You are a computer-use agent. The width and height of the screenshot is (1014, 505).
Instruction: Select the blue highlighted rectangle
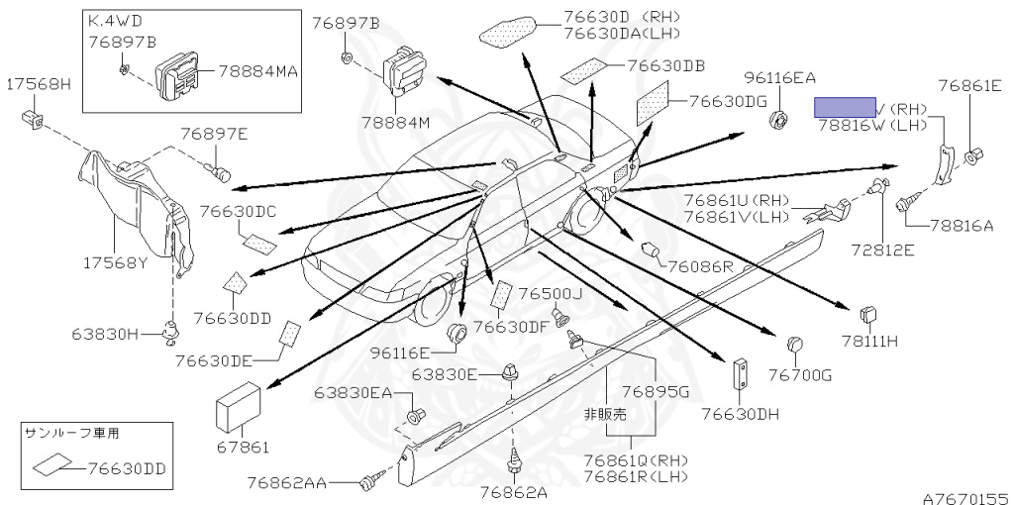[x=845, y=108]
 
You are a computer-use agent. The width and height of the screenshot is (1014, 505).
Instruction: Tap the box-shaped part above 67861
[x=239, y=405]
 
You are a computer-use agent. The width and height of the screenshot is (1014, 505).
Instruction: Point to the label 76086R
[x=699, y=265]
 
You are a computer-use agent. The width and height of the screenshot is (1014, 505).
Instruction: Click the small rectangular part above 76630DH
[x=739, y=374]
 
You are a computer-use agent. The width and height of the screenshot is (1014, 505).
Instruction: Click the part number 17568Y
[x=116, y=264]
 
